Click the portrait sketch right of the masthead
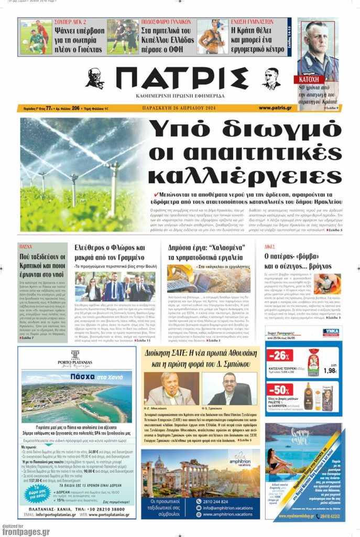tap(271, 79)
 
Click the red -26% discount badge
tap(279, 356)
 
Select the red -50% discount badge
tap(279, 390)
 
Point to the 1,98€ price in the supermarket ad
tap(330, 371)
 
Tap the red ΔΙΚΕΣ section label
tap(270, 246)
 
